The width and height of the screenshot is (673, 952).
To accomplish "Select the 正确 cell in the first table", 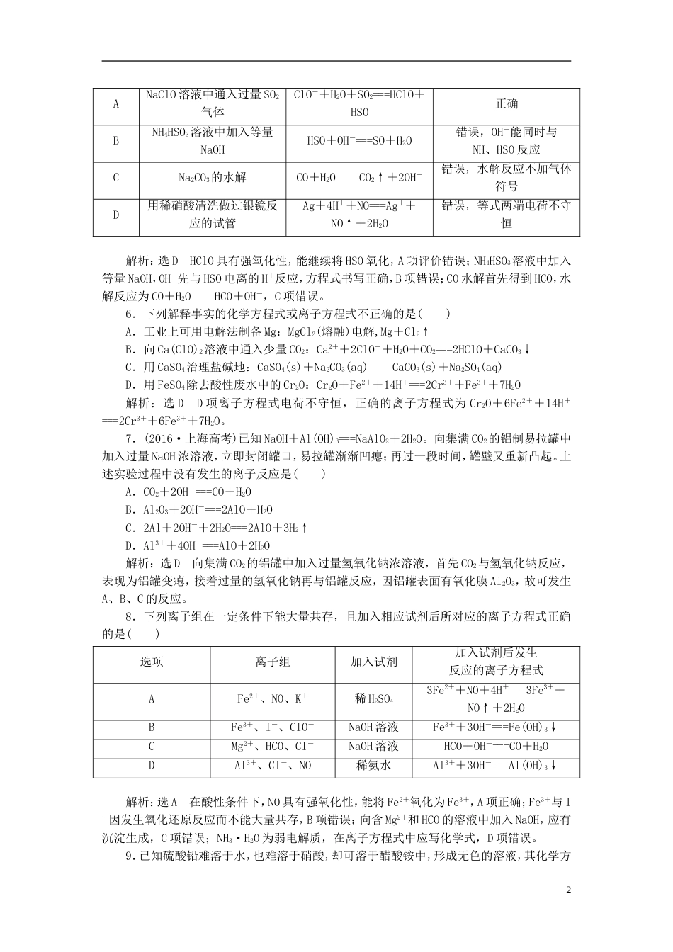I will coord(506,103).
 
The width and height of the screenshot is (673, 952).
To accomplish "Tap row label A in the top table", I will coord(116,103).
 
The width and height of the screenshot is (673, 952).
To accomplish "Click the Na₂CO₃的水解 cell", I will coord(213,178).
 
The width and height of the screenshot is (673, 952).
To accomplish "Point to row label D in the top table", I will coord(116,215).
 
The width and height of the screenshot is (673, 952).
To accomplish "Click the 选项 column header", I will coord(152,662).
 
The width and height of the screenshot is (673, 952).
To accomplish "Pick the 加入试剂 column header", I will coord(373,662).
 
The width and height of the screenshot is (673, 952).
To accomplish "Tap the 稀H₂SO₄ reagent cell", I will coord(373,699).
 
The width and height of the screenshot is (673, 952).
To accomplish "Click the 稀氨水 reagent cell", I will coord(373,766).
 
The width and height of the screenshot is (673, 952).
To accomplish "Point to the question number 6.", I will coord(129,313).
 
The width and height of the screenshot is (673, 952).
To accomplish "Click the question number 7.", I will coord(129,438).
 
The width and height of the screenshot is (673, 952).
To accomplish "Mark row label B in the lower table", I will coord(152,727).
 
